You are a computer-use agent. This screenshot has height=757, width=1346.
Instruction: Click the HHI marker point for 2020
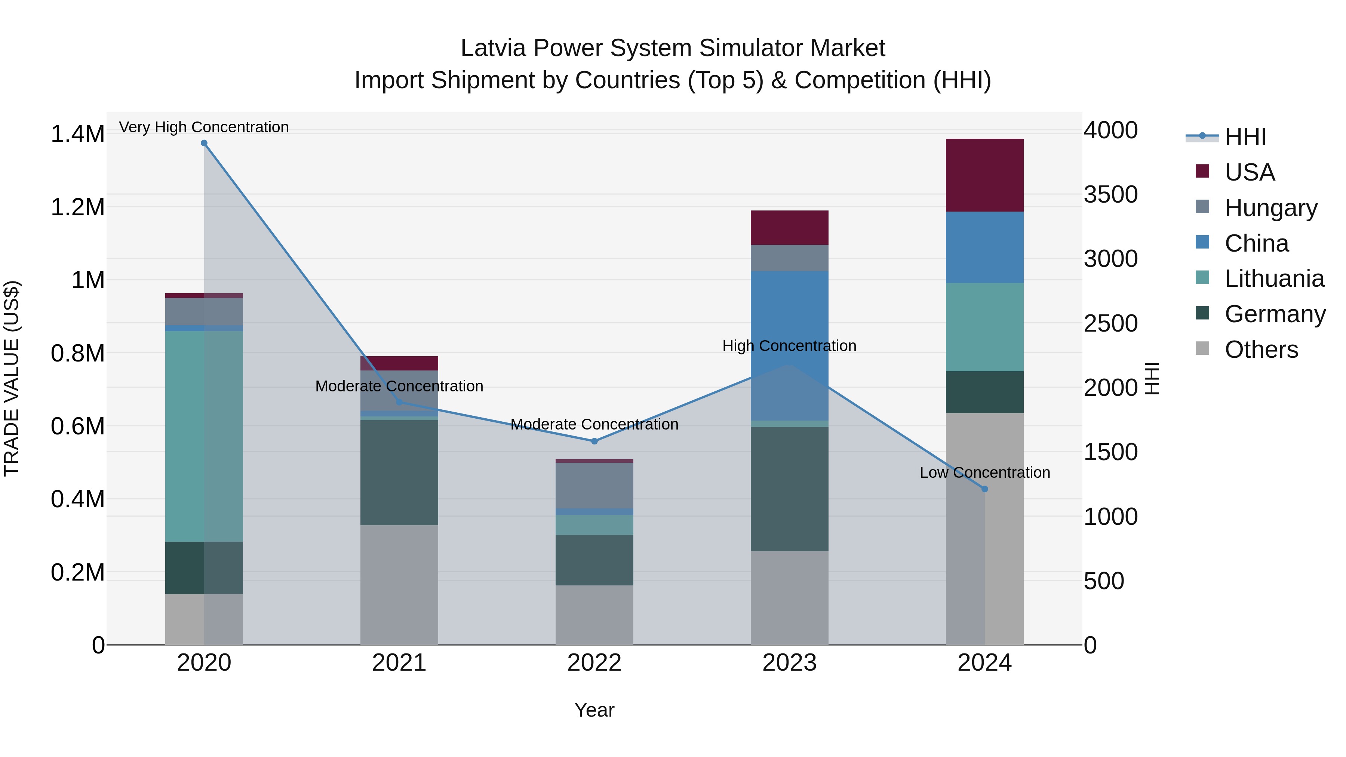[x=204, y=143]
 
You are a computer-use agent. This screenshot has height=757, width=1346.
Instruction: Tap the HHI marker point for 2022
[x=594, y=441]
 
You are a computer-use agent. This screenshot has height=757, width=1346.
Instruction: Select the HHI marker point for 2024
[x=984, y=489]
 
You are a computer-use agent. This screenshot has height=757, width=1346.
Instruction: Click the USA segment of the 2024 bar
[x=984, y=175]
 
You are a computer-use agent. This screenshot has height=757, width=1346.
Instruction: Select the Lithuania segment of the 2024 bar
[x=984, y=327]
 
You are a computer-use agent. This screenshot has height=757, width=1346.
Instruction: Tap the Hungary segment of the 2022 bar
[x=594, y=485]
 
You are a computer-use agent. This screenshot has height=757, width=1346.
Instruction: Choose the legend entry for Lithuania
[x=1273, y=279]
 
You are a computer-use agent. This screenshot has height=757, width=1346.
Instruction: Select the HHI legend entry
[x=1245, y=137]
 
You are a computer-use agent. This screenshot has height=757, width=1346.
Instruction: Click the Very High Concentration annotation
[x=204, y=127]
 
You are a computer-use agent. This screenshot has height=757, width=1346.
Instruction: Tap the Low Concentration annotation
[x=984, y=472]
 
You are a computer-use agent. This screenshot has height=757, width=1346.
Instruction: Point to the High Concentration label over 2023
[x=789, y=346]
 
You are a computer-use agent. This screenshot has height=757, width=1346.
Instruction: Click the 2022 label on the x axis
[x=594, y=663]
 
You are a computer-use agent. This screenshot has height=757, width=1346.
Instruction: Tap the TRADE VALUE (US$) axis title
[x=12, y=378]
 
